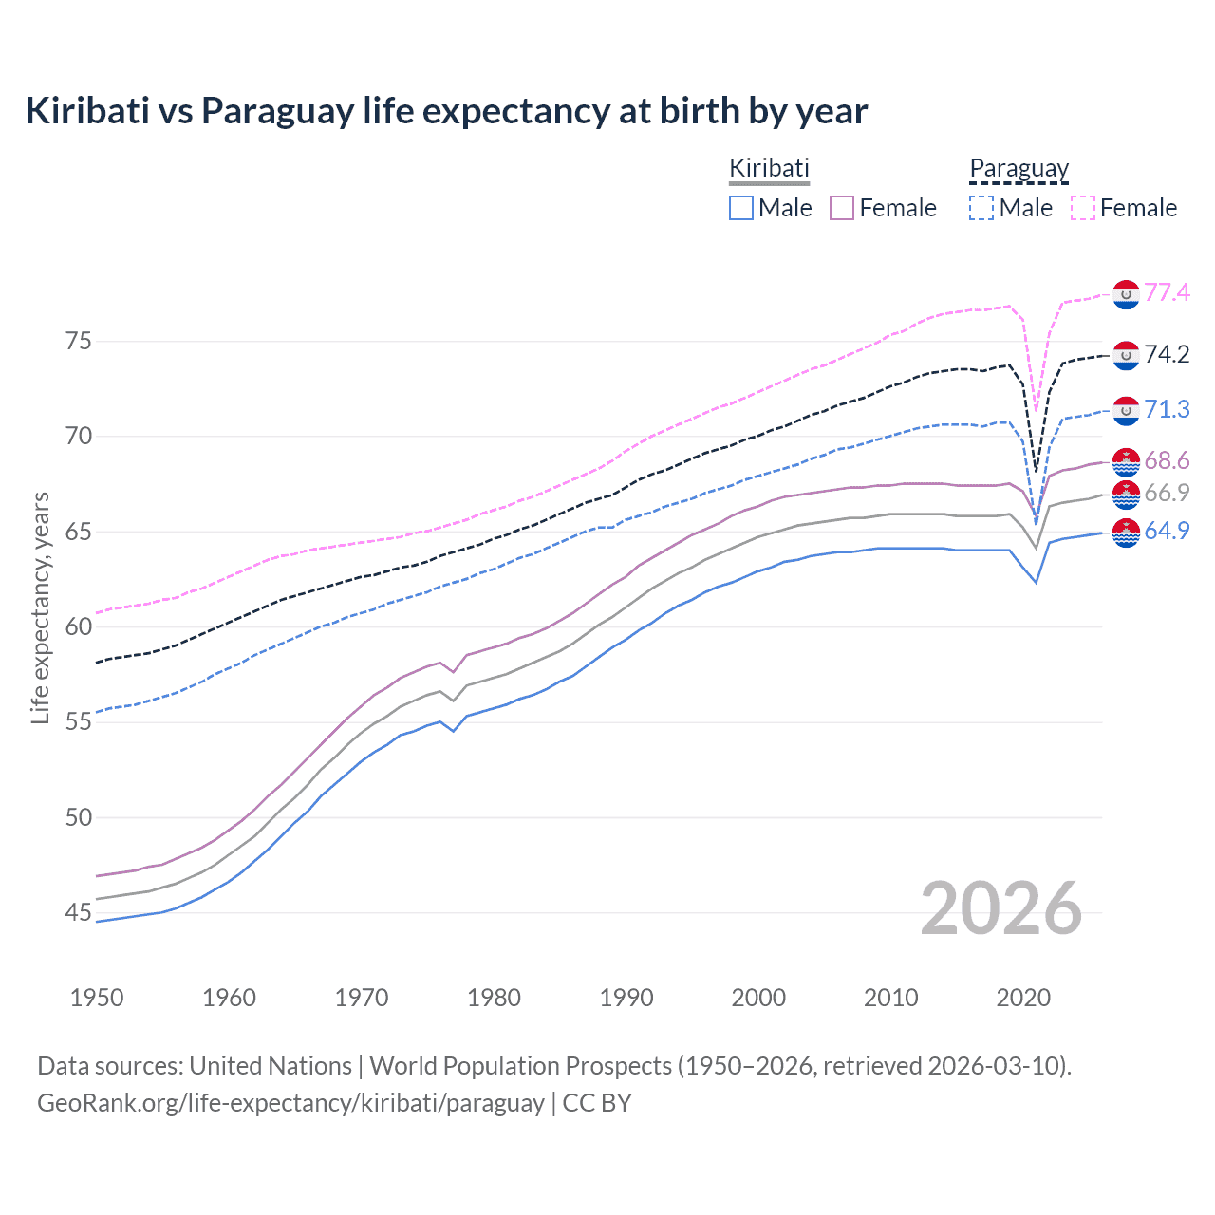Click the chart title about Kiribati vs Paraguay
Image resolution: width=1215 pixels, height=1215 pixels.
pyautogui.click(x=446, y=111)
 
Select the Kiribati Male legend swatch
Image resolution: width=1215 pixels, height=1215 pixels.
pyautogui.click(x=741, y=208)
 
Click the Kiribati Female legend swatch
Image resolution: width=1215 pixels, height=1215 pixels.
pyautogui.click(x=842, y=208)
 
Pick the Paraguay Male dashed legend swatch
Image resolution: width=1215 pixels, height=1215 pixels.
pyautogui.click(x=981, y=208)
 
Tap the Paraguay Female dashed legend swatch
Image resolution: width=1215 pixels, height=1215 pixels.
pyautogui.click(x=1083, y=208)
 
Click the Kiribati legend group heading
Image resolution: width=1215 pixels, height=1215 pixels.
pyautogui.click(x=769, y=168)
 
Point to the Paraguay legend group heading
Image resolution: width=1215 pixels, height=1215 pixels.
pyautogui.click(x=1019, y=168)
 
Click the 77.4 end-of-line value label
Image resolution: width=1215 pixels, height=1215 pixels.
pyautogui.click(x=1167, y=292)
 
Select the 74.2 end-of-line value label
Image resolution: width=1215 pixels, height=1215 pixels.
pyautogui.click(x=1167, y=354)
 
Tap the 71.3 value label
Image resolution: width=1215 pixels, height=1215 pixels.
pyautogui.click(x=1167, y=409)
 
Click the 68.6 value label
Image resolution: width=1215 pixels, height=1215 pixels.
pyautogui.click(x=1167, y=461)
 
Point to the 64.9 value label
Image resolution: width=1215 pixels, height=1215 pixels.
pyautogui.click(x=1167, y=531)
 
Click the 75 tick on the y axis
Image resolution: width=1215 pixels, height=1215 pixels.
pyautogui.click(x=79, y=341)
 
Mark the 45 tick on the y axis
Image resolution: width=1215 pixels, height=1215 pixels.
pyautogui.click(x=79, y=913)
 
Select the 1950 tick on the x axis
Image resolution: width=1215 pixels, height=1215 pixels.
pyautogui.click(x=97, y=998)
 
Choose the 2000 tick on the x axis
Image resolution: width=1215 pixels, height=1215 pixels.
pyautogui.click(x=758, y=998)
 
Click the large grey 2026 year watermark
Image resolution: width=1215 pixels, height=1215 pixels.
pyautogui.click(x=1001, y=908)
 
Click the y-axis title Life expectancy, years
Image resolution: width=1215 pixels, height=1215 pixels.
pyautogui.click(x=40, y=607)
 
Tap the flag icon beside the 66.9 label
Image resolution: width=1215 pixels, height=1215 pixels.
pyautogui.click(x=1126, y=494)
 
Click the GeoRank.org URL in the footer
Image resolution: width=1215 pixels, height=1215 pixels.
pyautogui.click(x=290, y=1103)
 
